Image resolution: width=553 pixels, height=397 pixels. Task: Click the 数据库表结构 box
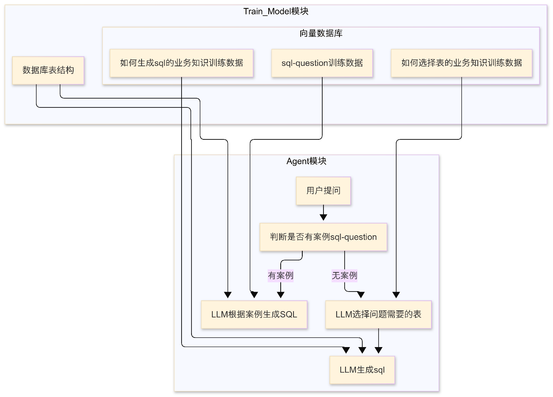click(48, 71)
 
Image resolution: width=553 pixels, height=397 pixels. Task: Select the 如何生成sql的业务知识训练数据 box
click(182, 63)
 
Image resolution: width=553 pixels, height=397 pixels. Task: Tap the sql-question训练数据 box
click(322, 63)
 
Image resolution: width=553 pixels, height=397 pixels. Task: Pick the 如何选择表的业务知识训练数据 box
click(462, 63)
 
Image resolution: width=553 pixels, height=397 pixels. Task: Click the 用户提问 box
click(323, 191)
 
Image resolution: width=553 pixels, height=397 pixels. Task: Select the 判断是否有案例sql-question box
click(323, 237)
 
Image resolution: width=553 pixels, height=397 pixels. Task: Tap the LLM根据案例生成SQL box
click(254, 315)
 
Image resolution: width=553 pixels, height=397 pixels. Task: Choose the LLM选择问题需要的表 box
click(378, 315)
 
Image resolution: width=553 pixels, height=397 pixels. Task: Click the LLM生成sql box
click(362, 370)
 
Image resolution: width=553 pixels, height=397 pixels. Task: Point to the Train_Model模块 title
click(276, 11)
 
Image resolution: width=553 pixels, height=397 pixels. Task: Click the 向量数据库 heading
click(321, 33)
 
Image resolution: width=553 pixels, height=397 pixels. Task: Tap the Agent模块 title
click(306, 161)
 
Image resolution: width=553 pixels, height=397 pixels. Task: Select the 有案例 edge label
click(281, 276)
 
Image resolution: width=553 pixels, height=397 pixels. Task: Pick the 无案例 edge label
click(344, 276)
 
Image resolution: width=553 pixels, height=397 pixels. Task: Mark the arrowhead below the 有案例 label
click(281, 295)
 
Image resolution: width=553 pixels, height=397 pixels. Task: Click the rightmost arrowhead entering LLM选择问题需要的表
click(396, 295)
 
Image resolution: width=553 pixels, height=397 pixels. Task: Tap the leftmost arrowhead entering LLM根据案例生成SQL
click(228, 295)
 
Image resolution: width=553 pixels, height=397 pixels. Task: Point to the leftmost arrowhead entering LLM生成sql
click(346, 350)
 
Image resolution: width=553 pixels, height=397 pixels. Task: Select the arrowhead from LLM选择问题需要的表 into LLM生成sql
click(378, 350)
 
